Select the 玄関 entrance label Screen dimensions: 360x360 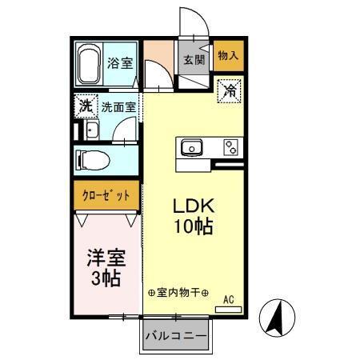194,58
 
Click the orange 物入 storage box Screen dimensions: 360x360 229,55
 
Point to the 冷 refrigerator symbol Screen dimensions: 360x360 230,91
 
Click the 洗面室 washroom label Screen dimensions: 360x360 118,105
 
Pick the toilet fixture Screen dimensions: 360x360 94,158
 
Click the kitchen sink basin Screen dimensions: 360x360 193,147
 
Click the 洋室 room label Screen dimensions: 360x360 106,260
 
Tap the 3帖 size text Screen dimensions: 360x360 105,279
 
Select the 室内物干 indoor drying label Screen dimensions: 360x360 178,294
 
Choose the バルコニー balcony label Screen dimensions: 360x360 175,337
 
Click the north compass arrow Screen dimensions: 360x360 277,318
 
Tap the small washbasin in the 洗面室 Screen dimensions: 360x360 90,131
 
